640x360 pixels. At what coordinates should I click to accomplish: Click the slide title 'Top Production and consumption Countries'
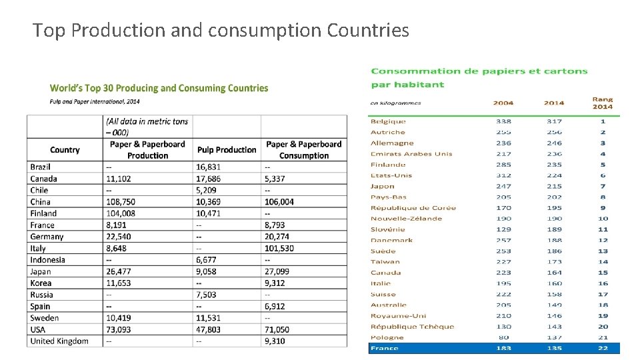pos(221,30)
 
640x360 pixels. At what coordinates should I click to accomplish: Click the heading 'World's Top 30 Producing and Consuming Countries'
pos(159,88)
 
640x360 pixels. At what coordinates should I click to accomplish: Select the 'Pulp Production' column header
pos(227,150)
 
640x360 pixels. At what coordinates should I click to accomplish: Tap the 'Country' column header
pos(65,150)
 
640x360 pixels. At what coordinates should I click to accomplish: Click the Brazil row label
pos(41,167)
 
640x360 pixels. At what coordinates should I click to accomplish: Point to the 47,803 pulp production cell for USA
pos(210,329)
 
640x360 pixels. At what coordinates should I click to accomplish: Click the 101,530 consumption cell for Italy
pos(279,248)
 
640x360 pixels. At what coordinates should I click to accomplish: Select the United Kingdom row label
pos(59,341)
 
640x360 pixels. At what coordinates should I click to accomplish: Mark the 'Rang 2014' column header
pos(602,103)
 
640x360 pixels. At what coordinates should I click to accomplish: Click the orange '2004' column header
pos(503,103)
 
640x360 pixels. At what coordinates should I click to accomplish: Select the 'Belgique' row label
pos(388,121)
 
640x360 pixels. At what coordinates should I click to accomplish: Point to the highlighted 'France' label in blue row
pos(385,348)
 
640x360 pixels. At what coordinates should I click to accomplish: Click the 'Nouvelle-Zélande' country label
pos(406,219)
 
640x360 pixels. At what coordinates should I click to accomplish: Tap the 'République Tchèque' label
pos(412,327)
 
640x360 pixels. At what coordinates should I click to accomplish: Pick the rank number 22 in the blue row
pos(603,348)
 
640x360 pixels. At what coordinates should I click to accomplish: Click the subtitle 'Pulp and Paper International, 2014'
pos(95,101)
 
